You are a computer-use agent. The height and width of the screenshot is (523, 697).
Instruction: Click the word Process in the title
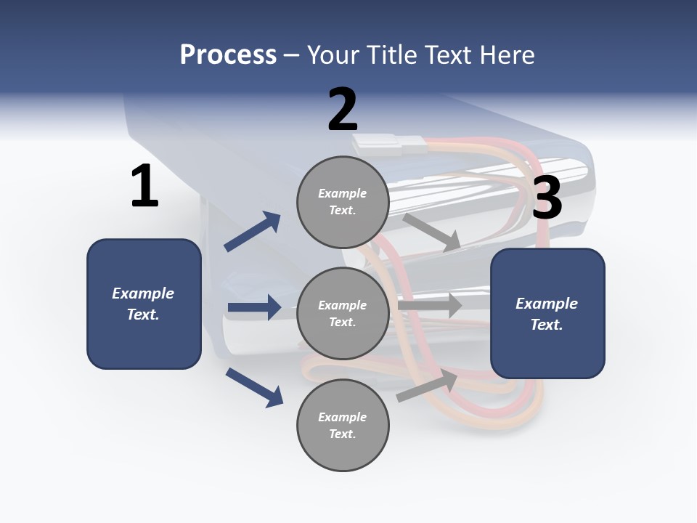pos(228,54)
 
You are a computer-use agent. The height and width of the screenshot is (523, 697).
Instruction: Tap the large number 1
pos(144,187)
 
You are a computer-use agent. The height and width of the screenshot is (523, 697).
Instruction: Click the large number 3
pos(547,198)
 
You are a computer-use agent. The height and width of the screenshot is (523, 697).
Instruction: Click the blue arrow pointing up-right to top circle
pos(253,231)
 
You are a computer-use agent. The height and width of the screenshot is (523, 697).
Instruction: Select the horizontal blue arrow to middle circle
pos(254,307)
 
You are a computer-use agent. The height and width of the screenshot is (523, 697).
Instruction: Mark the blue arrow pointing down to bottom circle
pos(254,387)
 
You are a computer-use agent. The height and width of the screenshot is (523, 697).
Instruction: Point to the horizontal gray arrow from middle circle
pos(430,305)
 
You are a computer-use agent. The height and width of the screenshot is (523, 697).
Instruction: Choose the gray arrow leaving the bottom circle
pos(427,386)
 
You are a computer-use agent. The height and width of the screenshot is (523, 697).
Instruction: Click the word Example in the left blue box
pos(143,293)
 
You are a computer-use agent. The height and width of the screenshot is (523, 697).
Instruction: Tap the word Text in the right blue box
pos(546,325)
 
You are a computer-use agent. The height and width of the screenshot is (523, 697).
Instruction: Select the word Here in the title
pos(508,54)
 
